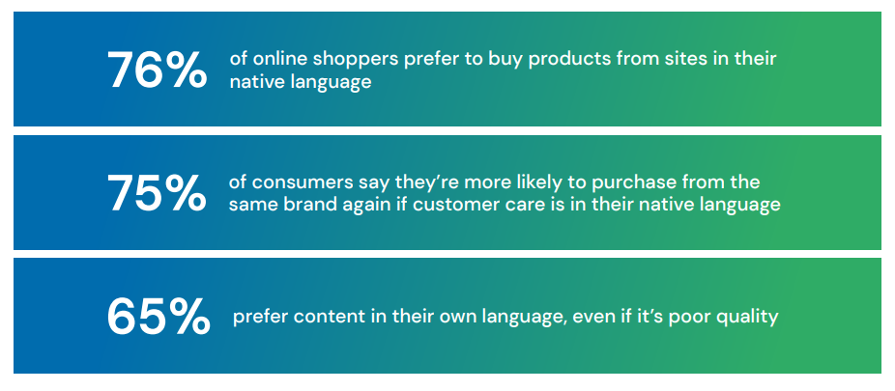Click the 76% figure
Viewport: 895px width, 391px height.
(x=157, y=70)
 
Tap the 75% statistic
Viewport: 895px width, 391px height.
(x=157, y=194)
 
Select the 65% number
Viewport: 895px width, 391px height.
(x=158, y=318)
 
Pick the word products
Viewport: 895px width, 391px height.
(x=545, y=59)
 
